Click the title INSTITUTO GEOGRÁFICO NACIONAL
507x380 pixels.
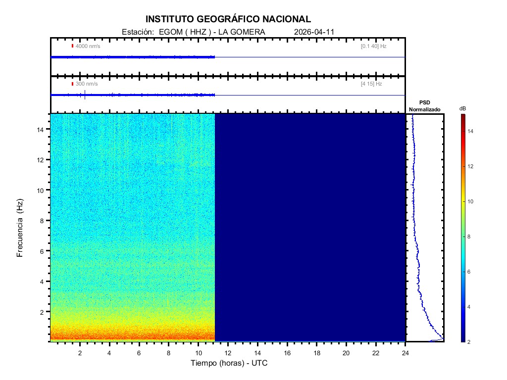[228, 19]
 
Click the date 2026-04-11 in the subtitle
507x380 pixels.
[314, 32]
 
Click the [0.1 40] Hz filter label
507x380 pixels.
[373, 46]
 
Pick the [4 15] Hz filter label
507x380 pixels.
[371, 84]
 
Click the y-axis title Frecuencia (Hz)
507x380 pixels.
[20, 228]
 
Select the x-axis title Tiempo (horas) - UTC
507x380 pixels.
[229, 363]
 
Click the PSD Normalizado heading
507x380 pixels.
[424, 106]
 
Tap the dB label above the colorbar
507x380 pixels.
[462, 108]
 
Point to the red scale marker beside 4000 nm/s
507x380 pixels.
[72, 46]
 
